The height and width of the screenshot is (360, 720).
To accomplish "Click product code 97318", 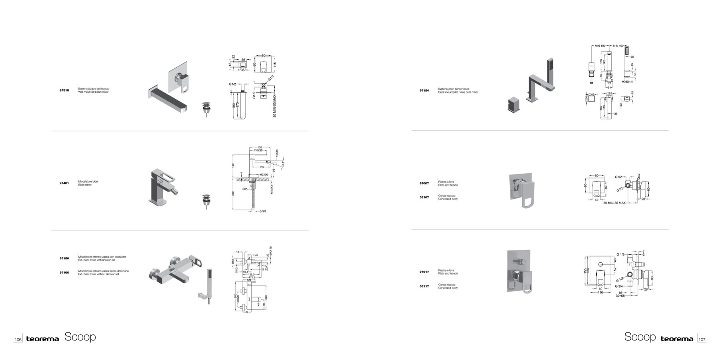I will coord(64,90).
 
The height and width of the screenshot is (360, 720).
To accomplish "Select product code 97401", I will coord(64,183).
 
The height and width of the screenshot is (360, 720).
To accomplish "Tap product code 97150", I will coord(64,258).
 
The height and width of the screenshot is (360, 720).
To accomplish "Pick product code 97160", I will coord(64,272).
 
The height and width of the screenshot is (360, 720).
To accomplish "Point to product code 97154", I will coord(424,90).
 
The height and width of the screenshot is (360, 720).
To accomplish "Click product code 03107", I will coord(424,197).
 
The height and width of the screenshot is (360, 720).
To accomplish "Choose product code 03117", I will coord(424,286).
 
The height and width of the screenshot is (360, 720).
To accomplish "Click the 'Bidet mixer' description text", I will coord(85,185).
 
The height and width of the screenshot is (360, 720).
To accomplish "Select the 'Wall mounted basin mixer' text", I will coord(93,92).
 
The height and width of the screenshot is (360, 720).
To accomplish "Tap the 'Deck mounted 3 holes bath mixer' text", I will coord(458,92).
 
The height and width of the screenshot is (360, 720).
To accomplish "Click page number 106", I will coord(18,340).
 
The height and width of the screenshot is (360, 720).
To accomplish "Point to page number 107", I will coord(702,340).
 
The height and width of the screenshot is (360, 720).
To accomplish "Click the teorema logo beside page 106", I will coord(42,339).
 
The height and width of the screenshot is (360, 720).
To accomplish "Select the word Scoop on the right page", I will coord(640,337).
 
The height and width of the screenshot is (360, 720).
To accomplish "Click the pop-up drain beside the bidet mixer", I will coord(206,201).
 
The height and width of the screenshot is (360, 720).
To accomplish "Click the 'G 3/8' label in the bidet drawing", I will coord(262,211).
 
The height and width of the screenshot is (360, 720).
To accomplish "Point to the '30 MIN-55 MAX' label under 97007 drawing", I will coord(614,203).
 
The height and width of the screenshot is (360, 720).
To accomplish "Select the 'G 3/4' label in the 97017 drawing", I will coord(619,286).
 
